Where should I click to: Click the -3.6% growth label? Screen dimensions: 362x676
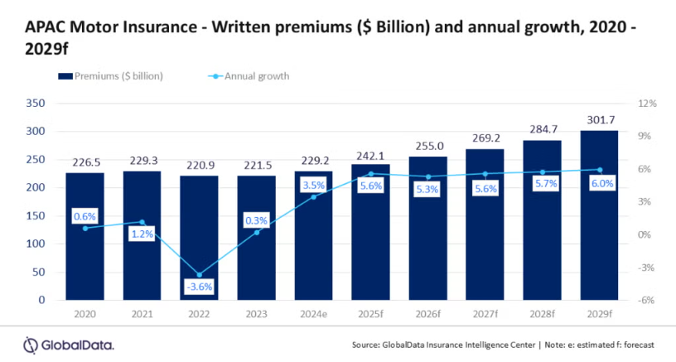click(x=199, y=287)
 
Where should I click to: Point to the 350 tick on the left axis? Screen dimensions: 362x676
click(x=35, y=104)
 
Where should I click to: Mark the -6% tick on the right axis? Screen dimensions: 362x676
click(x=647, y=300)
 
